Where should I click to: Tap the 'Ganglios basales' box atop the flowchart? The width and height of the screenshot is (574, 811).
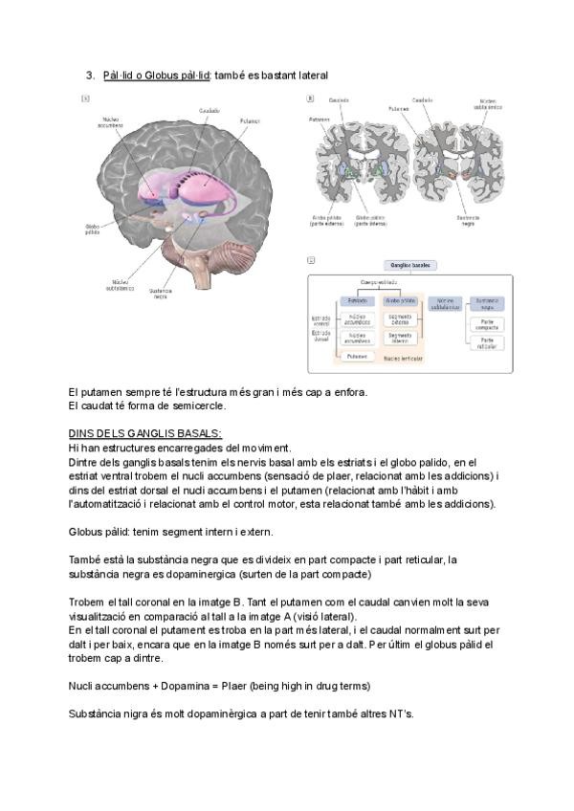pyautogui.click(x=408, y=264)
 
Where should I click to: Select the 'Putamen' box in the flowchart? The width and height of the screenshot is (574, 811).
pyautogui.click(x=356, y=355)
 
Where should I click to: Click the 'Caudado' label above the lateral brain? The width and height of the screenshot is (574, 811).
pyautogui.click(x=210, y=111)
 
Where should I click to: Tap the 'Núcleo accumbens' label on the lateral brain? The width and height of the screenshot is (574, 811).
pyautogui.click(x=111, y=123)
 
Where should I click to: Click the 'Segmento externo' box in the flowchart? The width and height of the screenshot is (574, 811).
pyautogui.click(x=400, y=318)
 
